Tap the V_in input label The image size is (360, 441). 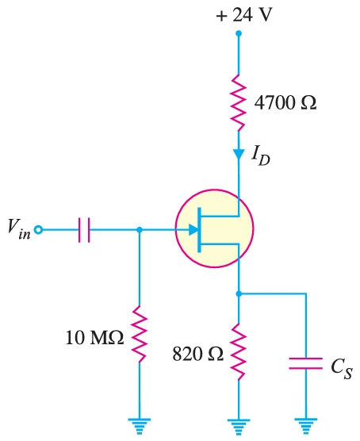pyautogui.click(x=17, y=231)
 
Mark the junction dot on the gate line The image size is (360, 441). pyautogui.click(x=140, y=230)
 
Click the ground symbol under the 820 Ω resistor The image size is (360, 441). pyautogui.click(x=238, y=425)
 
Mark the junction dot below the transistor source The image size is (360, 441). pyautogui.click(x=238, y=293)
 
